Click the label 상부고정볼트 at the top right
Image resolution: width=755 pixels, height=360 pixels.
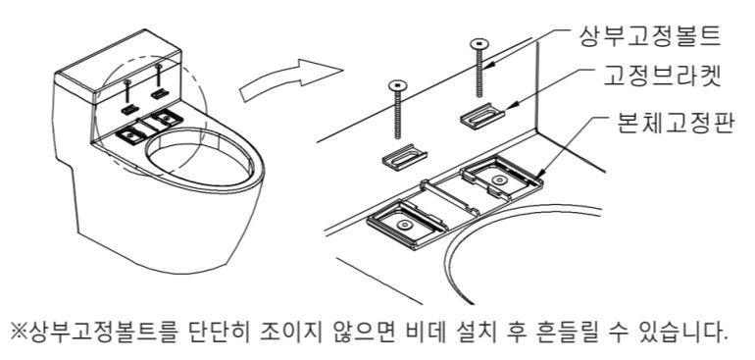pos(649,36)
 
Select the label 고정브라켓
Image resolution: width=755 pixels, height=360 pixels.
pos(662,77)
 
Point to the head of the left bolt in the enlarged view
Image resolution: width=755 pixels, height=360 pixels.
pos(397,85)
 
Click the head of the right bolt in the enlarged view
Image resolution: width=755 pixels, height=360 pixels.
pos(478,44)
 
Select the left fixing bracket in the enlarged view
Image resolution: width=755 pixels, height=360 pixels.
pos(404,157)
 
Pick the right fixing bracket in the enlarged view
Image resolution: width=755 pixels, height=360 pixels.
pos(483,116)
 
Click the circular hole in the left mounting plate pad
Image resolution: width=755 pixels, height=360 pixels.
pos(403,225)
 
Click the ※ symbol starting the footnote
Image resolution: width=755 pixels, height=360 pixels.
pos(20,333)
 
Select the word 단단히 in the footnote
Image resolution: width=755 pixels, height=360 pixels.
pos(217,332)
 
